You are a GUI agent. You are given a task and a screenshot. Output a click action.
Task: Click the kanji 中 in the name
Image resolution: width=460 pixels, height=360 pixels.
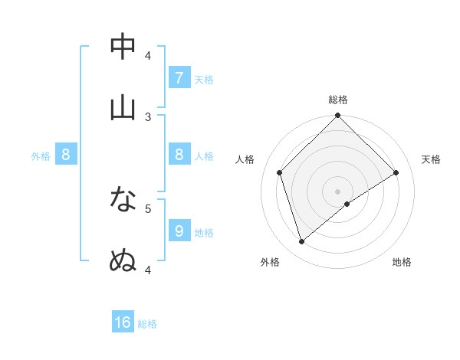pos(123,47)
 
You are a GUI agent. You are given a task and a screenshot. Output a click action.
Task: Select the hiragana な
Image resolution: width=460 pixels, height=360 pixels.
pos(123,200)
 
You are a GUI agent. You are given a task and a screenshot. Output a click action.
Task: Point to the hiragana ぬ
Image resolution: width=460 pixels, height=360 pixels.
pos(123,261)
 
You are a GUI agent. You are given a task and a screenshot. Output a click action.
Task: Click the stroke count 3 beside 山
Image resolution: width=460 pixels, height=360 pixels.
pos(148,116)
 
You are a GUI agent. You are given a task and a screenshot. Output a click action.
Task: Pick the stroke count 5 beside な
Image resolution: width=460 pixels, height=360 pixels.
pos(148,208)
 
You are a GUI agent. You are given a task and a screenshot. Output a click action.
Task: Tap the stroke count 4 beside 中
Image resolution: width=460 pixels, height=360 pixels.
pos(148,55)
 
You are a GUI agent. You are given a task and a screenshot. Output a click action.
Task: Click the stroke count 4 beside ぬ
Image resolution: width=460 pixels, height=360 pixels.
pos(148,270)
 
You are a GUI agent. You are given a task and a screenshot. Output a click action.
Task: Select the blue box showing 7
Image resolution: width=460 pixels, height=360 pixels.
pos(179,78)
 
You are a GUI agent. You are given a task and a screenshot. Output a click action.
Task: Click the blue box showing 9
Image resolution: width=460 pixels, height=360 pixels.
pos(179,231)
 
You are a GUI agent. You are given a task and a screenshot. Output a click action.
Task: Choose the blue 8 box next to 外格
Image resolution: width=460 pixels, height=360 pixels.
pos(66,155)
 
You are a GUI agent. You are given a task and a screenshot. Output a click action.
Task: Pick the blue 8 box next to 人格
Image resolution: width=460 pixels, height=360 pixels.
pos(179,155)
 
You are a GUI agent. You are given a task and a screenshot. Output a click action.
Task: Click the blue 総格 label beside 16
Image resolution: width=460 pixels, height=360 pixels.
pos(147,324)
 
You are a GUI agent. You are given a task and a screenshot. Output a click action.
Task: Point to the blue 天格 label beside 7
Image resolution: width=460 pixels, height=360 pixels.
pos(204,79)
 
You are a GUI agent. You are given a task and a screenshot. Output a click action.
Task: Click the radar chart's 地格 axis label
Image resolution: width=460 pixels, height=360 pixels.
pos(402,263)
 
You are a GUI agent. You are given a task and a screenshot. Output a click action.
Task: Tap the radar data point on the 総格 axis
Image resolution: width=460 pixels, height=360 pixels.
pos(337,116)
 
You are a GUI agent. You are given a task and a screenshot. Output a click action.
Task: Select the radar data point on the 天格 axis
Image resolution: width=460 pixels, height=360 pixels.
pos(396,172)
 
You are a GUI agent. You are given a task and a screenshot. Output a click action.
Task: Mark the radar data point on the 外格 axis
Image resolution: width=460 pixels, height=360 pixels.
pos(301,242)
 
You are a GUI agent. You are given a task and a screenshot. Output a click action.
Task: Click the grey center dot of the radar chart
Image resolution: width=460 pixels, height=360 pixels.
pos(337,191)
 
